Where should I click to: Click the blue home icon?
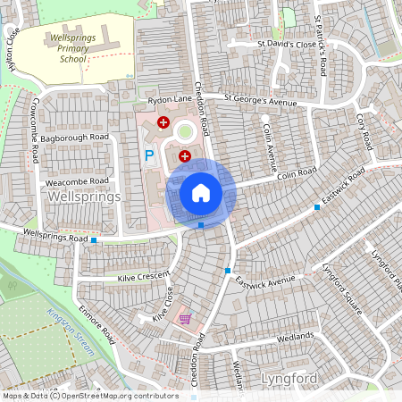(x=201, y=193)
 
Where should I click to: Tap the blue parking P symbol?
(x=149, y=155)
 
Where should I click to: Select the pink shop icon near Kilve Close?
(x=185, y=318)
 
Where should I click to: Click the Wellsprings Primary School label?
(x=80, y=48)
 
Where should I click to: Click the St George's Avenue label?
(x=259, y=100)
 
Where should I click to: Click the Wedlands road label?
(x=294, y=336)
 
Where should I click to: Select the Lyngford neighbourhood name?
(x=289, y=379)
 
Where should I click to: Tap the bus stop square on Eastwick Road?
(x=317, y=207)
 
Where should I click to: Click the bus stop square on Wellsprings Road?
(x=94, y=240)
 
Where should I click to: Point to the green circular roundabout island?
(x=185, y=133)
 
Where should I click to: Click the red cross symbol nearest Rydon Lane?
(x=163, y=121)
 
